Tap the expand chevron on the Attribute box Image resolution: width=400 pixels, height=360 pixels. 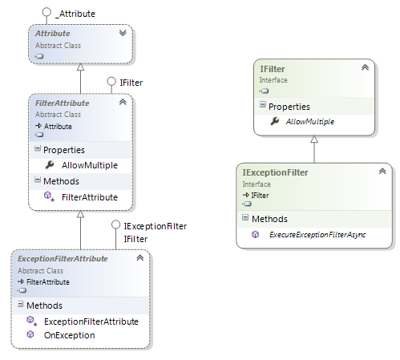(123, 34)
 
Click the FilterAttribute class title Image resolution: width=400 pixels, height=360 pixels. (62, 103)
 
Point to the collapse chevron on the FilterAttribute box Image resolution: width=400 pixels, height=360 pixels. (123, 103)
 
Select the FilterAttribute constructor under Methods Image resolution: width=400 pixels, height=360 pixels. (90, 196)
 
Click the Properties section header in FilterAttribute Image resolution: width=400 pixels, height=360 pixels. (64, 149)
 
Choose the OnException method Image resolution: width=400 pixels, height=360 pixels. (70, 334)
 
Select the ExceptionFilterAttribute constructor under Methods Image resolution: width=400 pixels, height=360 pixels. (91, 321)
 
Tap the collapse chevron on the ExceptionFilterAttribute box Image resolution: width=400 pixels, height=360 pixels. (140, 258)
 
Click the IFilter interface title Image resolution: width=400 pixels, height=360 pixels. (273, 70)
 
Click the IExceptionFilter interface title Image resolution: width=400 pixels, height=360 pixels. (275, 172)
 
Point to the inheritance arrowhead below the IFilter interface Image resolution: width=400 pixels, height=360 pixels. (314, 138)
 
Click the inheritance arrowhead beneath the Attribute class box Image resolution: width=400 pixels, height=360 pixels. (80, 66)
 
